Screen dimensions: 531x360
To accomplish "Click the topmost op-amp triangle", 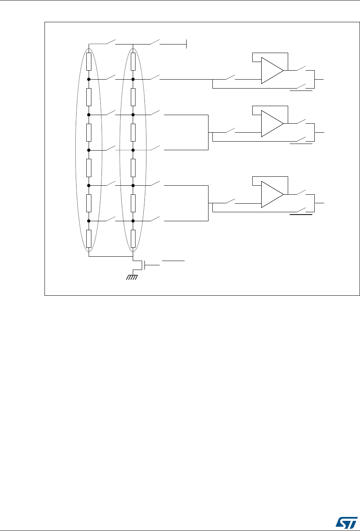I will [272, 71].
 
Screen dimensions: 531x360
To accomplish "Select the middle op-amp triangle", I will [272, 124].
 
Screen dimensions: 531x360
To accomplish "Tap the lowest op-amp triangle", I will [272, 194].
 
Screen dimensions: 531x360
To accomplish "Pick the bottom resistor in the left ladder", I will [89, 239].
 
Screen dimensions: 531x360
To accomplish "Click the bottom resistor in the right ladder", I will [133, 239].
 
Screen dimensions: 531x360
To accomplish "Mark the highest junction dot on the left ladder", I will [89, 79].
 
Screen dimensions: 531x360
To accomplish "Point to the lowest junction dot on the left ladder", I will [89, 221].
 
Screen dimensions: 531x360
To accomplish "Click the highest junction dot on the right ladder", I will [133, 79].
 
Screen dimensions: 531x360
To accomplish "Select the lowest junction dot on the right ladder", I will [133, 221].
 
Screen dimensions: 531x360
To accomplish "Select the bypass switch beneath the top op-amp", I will [301, 87].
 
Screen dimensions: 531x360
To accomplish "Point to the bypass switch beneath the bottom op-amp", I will [301, 211].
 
